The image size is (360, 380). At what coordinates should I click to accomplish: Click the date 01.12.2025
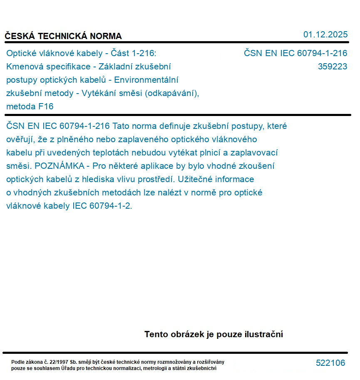325,35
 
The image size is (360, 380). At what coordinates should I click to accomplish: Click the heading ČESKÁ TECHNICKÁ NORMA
63,36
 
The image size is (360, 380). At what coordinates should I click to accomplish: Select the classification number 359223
332,67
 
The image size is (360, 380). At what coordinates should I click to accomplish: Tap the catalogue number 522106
330,363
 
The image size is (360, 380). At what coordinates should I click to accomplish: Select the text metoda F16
30,106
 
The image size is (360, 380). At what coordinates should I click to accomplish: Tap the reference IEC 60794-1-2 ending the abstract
102,206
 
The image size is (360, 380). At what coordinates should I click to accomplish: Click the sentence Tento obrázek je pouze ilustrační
214,334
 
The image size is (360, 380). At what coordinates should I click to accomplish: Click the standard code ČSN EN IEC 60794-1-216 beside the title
295,53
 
